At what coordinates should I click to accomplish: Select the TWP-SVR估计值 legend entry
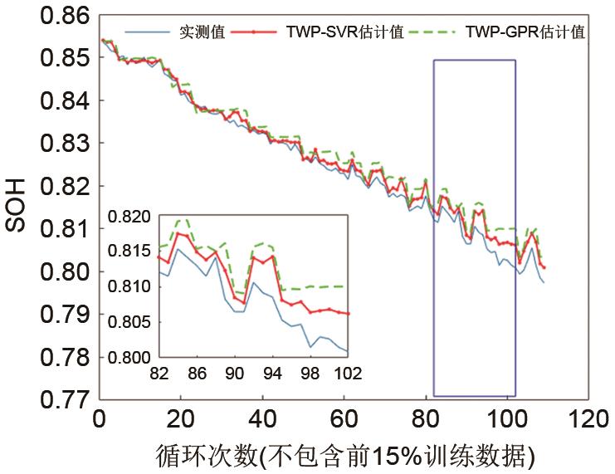point(345,32)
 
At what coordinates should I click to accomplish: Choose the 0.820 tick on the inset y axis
point(132,217)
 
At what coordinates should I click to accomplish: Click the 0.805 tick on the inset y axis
point(132,322)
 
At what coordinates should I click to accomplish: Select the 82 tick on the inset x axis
point(159,374)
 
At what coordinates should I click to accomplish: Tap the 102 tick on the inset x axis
point(348,374)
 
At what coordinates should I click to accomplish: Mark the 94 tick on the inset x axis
point(272,374)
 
